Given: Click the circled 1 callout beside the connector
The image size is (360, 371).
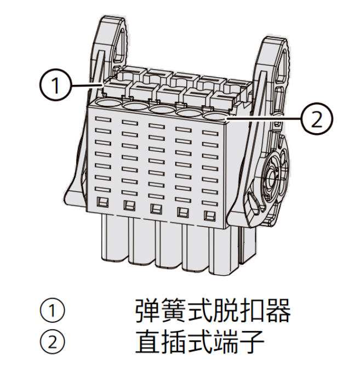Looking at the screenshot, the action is pos(55,85).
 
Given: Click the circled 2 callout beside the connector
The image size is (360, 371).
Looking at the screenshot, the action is pos(317,118).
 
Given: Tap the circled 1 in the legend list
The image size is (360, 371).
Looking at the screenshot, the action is pos(52,310).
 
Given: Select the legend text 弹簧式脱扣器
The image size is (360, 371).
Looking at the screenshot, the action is pos(213,310).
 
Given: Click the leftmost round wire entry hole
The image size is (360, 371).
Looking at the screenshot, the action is pos(108,104).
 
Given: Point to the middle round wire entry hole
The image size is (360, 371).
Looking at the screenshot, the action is pos(162,110).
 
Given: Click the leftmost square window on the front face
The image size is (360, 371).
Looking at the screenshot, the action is pos(102,202).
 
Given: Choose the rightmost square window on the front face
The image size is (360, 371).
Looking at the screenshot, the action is pos(210,215).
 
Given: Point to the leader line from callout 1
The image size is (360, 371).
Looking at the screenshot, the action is pos(87,84).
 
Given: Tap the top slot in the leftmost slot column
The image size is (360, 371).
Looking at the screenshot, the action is pos(103,119).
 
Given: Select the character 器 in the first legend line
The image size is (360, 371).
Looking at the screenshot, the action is pos(278,310).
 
